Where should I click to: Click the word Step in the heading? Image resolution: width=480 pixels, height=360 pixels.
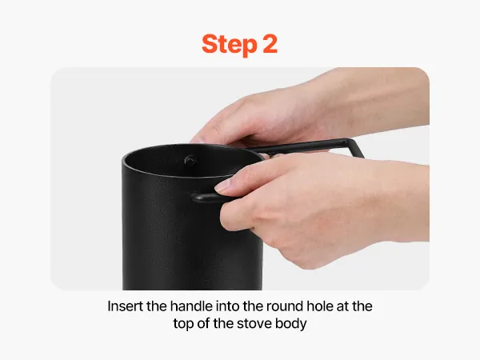point(230,45)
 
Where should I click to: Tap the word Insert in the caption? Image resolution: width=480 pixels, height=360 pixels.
point(126,306)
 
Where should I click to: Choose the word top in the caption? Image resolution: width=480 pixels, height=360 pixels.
point(183,325)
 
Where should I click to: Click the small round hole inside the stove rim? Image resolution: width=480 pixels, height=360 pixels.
point(190,161)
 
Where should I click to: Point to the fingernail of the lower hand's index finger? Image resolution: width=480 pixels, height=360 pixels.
point(223,186)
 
